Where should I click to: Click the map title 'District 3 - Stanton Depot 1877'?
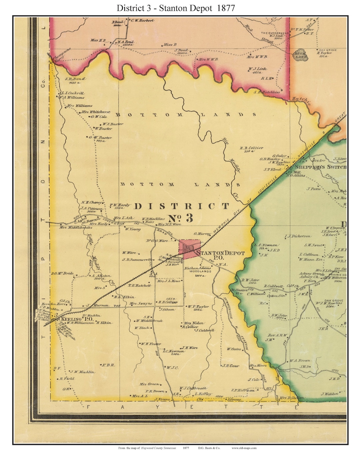click(x=176, y=8)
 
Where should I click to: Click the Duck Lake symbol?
click(x=301, y=55)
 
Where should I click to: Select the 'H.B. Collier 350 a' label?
click(x=251, y=149)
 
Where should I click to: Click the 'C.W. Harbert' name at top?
click(x=142, y=20)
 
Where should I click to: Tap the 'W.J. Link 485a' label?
click(x=257, y=70)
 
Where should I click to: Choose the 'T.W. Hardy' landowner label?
click(x=120, y=206)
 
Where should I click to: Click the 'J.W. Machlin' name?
click(x=82, y=372)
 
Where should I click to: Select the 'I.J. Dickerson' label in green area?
click(x=297, y=236)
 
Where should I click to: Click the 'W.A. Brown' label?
click(x=300, y=360)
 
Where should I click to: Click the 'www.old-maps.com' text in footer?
click(x=244, y=448)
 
